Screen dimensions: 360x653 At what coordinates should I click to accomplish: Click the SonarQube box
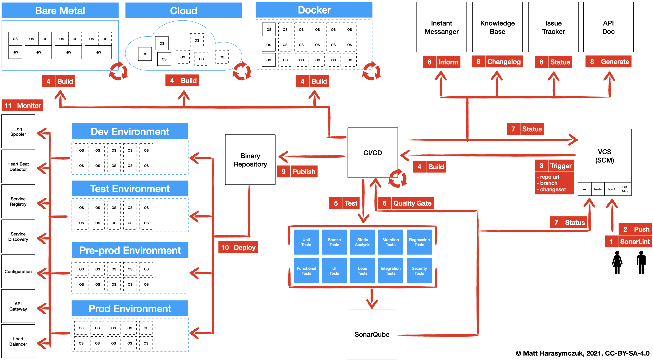(x=372, y=334)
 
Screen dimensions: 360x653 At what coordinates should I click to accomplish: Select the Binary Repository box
(x=250, y=160)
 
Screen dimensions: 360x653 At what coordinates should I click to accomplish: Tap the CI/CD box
(x=373, y=153)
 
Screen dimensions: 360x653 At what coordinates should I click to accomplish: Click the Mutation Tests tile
(x=391, y=242)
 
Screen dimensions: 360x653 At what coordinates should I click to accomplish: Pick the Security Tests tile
(x=419, y=271)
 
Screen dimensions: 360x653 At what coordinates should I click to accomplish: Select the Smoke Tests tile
(x=334, y=242)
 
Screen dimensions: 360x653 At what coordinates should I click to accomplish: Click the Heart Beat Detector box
(x=18, y=166)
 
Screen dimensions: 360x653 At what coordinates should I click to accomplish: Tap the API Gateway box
(x=18, y=306)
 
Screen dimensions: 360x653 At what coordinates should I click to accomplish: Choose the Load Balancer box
(x=18, y=341)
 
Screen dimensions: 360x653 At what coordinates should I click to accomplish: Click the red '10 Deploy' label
(x=238, y=247)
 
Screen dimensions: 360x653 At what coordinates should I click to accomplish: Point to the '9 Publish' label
(x=297, y=172)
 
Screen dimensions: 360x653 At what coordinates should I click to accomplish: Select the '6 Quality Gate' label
(x=406, y=203)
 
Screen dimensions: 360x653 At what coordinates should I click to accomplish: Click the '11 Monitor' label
(x=22, y=106)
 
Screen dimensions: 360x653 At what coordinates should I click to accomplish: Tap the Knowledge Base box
(x=497, y=27)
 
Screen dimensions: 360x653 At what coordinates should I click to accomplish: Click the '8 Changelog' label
(x=497, y=62)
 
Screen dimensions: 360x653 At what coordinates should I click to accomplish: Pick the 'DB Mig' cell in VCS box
(x=625, y=189)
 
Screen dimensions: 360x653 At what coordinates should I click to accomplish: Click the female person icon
(x=617, y=262)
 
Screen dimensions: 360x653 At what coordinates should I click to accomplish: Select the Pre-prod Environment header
(x=130, y=250)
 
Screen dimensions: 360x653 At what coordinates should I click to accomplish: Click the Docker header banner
(x=314, y=10)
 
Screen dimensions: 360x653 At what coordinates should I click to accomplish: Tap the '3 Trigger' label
(x=554, y=166)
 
